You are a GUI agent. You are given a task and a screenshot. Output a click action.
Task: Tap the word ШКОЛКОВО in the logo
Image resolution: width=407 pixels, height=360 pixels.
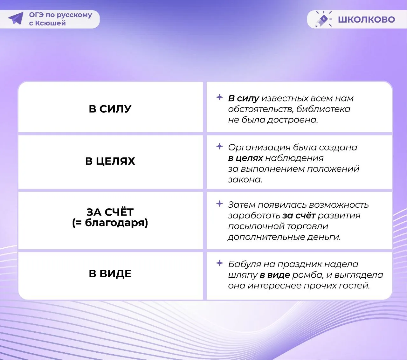coord(366,19)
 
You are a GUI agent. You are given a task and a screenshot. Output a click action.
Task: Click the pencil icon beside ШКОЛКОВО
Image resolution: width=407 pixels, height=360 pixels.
coord(323,19)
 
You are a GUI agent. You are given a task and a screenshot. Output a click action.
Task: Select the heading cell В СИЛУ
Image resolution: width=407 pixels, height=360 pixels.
coord(110,109)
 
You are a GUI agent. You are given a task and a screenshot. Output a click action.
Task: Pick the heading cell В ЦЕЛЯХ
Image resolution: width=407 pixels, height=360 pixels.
coord(110,161)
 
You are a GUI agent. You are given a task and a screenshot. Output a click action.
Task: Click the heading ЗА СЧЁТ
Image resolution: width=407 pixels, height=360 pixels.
coord(110,212)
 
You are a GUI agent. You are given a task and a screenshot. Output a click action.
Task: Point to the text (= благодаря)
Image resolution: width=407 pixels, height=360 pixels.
coord(110,223)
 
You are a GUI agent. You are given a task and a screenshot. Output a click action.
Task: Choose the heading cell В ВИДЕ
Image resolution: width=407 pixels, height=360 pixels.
coord(110,273)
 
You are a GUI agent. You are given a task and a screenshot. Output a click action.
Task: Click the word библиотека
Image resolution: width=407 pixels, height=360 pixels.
coord(323,109)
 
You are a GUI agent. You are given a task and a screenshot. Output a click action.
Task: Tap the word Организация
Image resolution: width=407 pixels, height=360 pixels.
coord(259,148)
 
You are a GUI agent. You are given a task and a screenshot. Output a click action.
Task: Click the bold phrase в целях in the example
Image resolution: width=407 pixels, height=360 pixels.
coord(245,158)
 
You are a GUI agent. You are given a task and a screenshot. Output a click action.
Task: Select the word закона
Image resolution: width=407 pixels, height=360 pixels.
coord(245,180)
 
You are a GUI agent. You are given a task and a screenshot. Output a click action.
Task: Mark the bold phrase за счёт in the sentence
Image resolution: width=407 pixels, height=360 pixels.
coord(299,216)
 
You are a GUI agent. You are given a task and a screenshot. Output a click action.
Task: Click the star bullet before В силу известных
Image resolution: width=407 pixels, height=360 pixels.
coord(220,97)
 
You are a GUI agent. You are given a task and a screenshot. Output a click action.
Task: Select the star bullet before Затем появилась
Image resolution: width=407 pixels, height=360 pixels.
coord(220,204)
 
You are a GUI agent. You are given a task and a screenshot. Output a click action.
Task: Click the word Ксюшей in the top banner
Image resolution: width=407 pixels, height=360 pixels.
coord(51,23)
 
